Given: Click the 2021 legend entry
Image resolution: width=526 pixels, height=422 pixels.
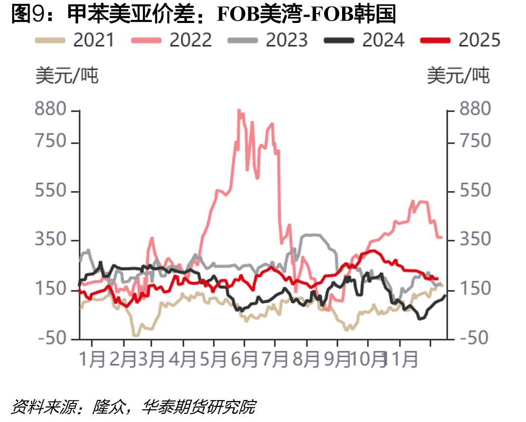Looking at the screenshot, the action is pos(75,40).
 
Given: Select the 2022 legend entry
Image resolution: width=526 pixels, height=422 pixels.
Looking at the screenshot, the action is pos(171,40).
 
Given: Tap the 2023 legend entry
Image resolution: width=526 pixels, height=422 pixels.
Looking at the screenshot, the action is pos(267,40).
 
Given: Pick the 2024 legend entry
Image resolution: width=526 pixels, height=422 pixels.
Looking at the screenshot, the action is pos(364,40).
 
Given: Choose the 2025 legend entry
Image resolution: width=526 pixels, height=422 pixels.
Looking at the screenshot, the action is pos(460,40).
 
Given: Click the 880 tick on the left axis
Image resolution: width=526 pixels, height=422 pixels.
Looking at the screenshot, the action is pos(51,109).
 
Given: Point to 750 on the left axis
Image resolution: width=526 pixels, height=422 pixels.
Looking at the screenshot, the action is pos(51,141).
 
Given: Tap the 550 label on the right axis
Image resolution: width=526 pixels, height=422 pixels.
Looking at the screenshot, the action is pos(475,191).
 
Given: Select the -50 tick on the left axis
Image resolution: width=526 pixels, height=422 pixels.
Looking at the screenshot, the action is pos(52,338).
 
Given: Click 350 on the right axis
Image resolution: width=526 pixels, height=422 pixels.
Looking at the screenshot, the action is pos(475,239).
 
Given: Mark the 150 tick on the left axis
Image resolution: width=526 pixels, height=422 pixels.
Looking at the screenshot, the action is pos(51,288).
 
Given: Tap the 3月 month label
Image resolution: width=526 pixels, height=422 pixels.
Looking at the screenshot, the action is pos(151,359).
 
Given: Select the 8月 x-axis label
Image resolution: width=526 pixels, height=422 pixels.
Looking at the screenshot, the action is pos(306,359).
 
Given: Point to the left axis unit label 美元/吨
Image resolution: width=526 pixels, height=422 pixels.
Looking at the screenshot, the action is pos(67,76).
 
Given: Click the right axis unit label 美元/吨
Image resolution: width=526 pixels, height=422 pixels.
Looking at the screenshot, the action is pos(458,76).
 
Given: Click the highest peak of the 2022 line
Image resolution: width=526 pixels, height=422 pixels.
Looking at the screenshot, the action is pos(239,110).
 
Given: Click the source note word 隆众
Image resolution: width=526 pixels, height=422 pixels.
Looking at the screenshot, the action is pos(109,407).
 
